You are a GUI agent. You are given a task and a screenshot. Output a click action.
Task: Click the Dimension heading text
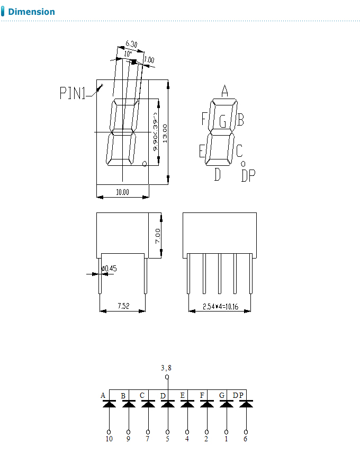(31, 12)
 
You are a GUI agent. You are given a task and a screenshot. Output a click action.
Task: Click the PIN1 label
(72, 94)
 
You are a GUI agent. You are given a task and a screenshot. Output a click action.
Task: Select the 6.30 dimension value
(132, 44)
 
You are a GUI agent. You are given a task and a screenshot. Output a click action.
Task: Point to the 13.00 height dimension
(165, 133)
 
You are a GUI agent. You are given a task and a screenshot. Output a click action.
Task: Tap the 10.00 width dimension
(122, 192)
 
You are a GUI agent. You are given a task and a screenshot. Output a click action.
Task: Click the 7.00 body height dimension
(158, 236)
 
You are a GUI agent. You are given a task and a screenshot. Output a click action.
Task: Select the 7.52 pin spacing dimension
(122, 306)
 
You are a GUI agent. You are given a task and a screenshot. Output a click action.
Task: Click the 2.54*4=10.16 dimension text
(220, 306)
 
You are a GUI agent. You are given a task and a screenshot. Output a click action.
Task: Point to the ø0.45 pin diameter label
(109, 269)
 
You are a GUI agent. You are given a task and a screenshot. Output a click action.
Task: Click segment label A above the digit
(224, 91)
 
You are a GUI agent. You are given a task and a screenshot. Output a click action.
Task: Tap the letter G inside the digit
(223, 122)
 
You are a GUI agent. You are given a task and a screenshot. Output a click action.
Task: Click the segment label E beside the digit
(202, 152)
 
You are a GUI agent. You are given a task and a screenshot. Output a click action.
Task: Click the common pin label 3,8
(166, 367)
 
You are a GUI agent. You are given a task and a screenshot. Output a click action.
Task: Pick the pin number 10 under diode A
(109, 439)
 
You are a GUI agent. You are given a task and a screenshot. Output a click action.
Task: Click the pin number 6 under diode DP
(246, 439)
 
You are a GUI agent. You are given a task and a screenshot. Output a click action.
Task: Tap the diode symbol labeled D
(168, 404)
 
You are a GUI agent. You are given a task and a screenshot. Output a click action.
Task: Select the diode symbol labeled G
(227, 404)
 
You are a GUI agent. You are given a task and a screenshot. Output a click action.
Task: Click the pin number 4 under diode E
(187, 439)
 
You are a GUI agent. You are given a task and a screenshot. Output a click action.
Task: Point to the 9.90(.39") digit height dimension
(155, 132)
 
